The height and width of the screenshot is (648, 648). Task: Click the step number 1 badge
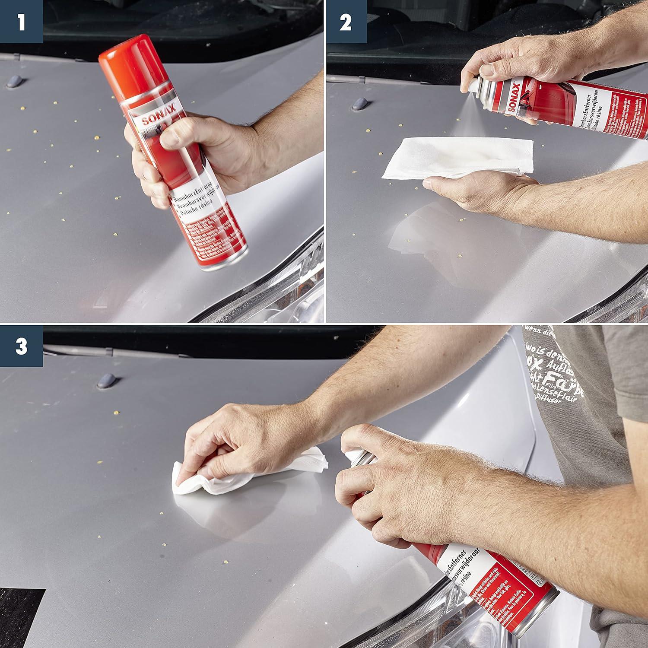click(x=21, y=21)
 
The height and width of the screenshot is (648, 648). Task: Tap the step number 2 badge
click(x=346, y=21)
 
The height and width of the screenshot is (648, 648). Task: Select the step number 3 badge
click(x=21, y=346)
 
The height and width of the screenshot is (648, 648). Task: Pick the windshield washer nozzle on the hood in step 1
click(x=16, y=81)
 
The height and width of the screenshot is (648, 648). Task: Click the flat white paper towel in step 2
click(x=458, y=158)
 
